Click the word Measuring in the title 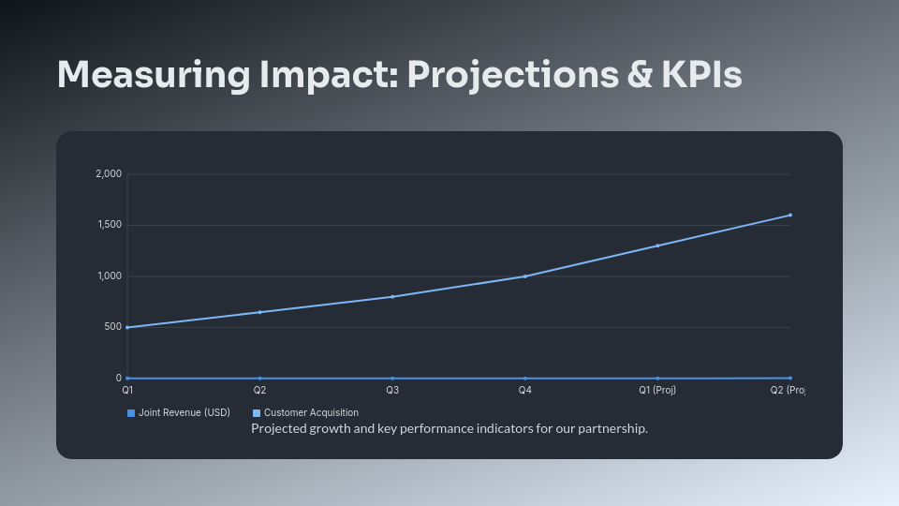click(129, 75)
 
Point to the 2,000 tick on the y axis click(109, 174)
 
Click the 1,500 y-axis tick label click(109, 225)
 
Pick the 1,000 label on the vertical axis click(109, 276)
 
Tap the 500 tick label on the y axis click(112, 327)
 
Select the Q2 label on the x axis click(259, 390)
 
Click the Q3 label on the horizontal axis click(392, 390)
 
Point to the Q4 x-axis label click(524, 390)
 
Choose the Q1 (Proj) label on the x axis click(657, 390)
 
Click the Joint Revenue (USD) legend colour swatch click(131, 413)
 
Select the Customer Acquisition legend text click(311, 413)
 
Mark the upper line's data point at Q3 click(392, 297)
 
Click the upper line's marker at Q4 click(524, 276)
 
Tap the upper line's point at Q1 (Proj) click(657, 246)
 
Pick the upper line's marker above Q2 click(259, 312)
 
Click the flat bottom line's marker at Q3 click(392, 379)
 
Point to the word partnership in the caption click(614, 429)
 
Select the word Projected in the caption click(279, 429)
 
